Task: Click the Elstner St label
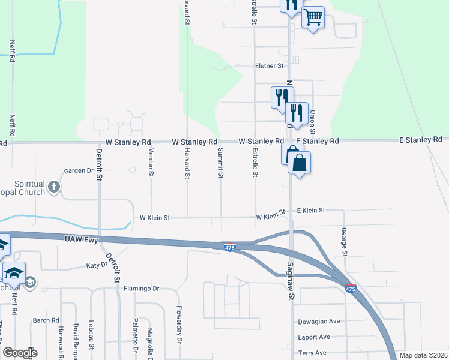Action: pyautogui.click(x=269, y=66)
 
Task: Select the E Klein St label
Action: pyautogui.click(x=311, y=211)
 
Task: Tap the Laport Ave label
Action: pyautogui.click(x=314, y=337)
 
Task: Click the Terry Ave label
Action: pyautogui.click(x=312, y=353)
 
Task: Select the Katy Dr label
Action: pyautogui.click(x=97, y=265)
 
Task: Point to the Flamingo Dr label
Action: pyautogui.click(x=141, y=289)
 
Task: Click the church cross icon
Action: pyautogui.click(x=53, y=187)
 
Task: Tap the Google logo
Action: pyautogui.click(x=20, y=353)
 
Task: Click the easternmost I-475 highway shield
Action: pyautogui.click(x=351, y=289)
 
